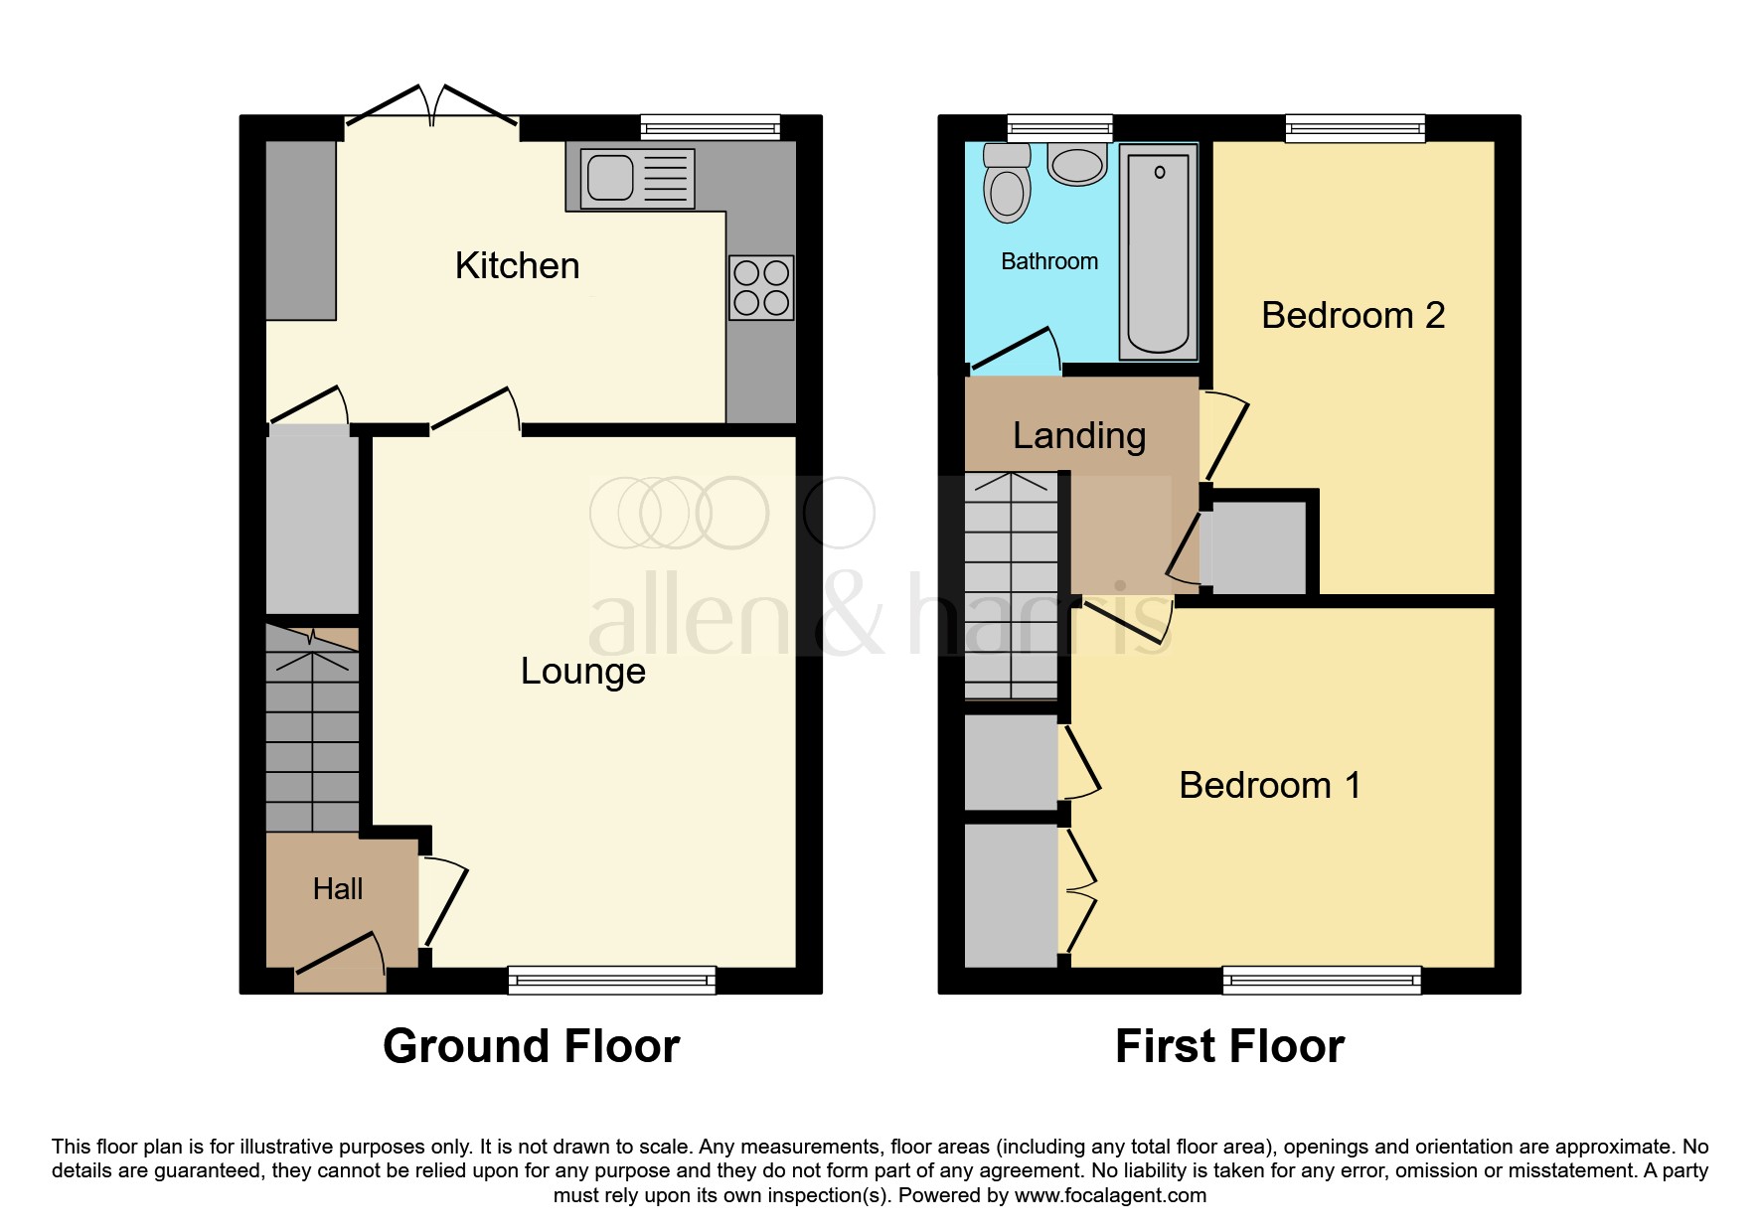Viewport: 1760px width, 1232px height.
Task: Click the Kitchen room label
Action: [x=517, y=266]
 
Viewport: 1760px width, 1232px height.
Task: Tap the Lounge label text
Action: [x=583, y=672]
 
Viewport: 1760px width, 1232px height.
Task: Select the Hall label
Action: [x=338, y=889]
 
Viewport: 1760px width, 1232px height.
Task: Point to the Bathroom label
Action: [x=1049, y=261]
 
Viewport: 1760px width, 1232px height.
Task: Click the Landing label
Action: [x=1079, y=436]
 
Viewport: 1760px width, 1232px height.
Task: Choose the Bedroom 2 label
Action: [x=1353, y=316]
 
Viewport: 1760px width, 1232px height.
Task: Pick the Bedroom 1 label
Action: [x=1269, y=786]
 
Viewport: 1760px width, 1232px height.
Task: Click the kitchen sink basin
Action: [x=610, y=179]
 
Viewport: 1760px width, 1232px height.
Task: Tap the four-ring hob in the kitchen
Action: [x=761, y=288]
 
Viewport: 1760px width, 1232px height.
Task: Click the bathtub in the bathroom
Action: [x=1159, y=253]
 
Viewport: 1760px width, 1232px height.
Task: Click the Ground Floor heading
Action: [x=531, y=1047]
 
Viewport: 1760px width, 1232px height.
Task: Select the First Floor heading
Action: [x=1229, y=1047]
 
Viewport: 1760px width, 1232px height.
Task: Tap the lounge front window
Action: [x=611, y=981]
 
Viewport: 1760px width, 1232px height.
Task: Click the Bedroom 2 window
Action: [x=1355, y=128]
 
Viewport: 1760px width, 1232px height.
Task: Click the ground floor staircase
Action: [x=312, y=730]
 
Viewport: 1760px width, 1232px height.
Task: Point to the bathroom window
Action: [x=1059, y=128]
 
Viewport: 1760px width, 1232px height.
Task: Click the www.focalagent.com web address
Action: [x=1110, y=1196]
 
